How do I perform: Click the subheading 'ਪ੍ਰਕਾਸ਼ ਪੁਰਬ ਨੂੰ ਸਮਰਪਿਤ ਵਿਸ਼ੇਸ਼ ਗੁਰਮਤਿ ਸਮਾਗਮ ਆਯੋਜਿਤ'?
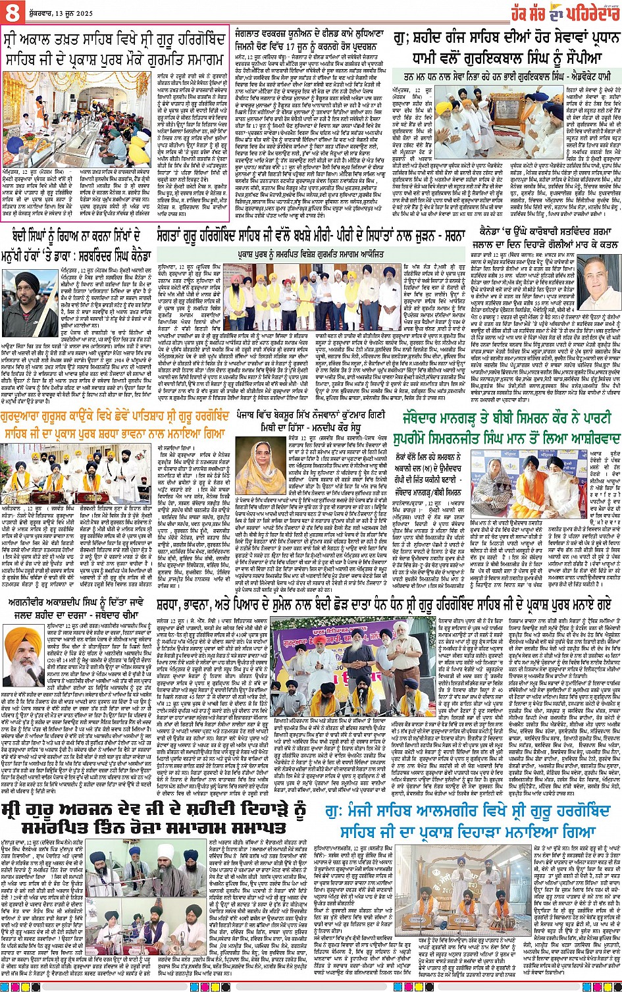click(x=311, y=253)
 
